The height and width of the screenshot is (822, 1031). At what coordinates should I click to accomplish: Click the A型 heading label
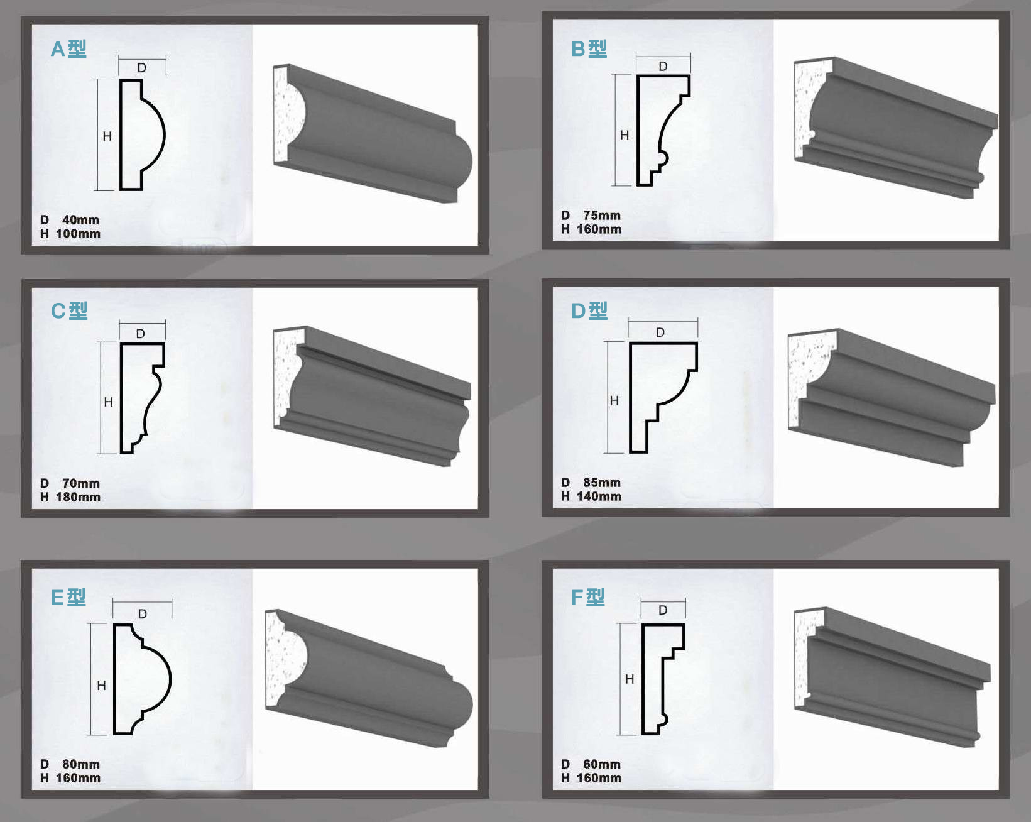(68, 49)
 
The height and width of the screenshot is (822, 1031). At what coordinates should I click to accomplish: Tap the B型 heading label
(589, 49)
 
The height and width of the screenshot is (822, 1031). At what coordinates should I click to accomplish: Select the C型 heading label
(69, 311)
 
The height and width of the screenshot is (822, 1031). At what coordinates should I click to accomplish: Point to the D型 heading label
(589, 311)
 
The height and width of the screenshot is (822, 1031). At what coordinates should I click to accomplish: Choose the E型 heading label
(68, 597)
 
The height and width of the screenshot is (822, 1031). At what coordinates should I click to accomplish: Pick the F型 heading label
(588, 597)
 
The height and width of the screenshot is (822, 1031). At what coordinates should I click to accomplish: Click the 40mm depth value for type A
(80, 220)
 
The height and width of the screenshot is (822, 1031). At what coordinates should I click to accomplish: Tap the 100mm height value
(78, 234)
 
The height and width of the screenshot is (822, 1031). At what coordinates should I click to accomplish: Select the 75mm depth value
(602, 216)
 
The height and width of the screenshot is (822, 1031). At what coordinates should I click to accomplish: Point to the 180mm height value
(78, 497)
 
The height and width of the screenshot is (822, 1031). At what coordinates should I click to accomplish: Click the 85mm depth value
(602, 483)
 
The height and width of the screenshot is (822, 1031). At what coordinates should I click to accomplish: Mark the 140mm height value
(599, 496)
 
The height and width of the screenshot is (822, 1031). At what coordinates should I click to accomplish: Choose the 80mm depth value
(81, 764)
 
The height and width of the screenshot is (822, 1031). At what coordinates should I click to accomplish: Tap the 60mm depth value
(602, 764)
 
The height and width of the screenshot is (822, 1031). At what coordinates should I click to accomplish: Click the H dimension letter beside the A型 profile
(107, 136)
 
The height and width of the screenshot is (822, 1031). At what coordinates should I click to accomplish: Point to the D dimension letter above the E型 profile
(142, 614)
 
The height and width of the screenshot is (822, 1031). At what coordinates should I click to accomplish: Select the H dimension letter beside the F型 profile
(630, 679)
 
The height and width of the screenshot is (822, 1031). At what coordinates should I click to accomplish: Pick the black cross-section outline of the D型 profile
(631, 398)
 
